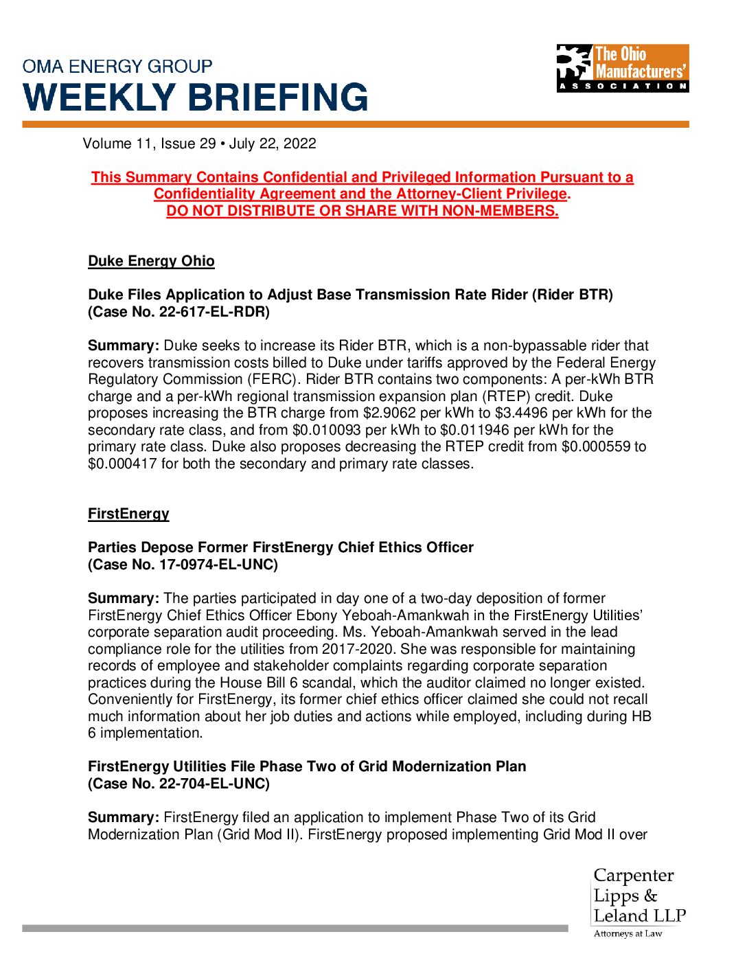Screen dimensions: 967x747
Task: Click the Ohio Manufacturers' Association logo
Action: coord(622,68)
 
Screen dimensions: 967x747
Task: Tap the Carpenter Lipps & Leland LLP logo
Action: coord(639,902)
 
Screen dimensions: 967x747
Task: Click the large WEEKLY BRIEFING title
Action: coord(196,98)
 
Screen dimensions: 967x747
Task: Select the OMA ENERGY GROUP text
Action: coord(117,67)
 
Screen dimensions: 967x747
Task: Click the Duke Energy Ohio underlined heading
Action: coord(151,261)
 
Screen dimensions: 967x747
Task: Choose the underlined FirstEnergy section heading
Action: coord(128,514)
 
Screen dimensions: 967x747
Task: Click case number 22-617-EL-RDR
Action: coord(214,312)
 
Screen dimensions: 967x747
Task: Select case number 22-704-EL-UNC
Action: coord(214,784)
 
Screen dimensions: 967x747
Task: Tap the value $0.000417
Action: coord(122,464)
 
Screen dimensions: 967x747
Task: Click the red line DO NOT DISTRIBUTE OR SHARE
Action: coord(362,211)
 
